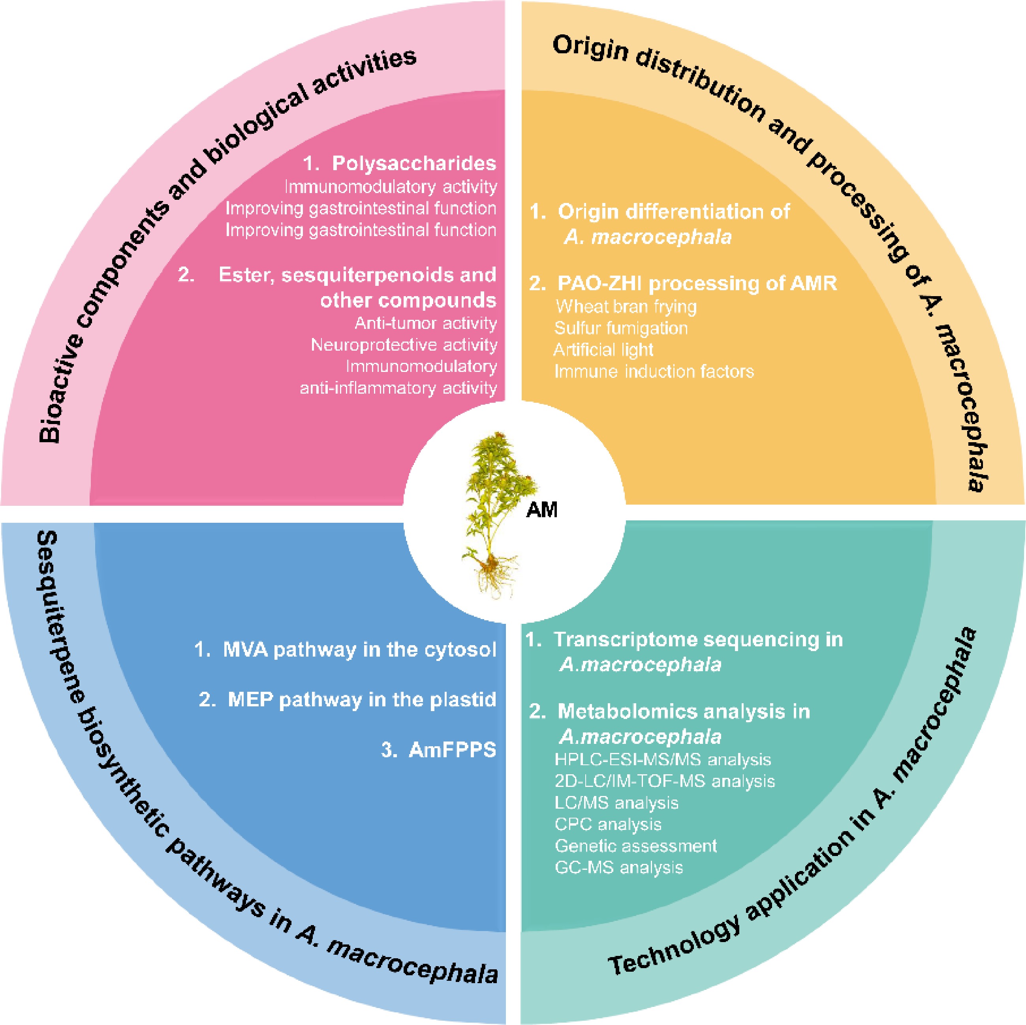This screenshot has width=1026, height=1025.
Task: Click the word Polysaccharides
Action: pyautogui.click(x=414, y=163)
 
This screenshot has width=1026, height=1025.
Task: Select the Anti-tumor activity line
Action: pyautogui.click(x=425, y=323)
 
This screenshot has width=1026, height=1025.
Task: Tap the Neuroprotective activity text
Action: pyautogui.click(x=404, y=345)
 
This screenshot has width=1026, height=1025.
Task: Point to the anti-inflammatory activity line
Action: pyautogui.click(x=398, y=388)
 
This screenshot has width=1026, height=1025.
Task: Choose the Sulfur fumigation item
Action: pyautogui.click(x=621, y=328)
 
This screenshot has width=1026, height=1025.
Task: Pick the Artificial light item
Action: pyautogui.click(x=603, y=350)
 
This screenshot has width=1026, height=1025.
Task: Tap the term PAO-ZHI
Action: pyautogui.click(x=600, y=283)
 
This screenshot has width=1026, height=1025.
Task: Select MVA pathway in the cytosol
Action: pyautogui.click(x=359, y=650)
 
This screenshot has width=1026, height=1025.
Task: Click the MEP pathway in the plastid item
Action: pyautogui.click(x=362, y=700)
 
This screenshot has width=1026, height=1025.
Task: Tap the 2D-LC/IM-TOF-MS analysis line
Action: pyautogui.click(x=664, y=781)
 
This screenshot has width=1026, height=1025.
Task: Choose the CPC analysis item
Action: pyautogui.click(x=608, y=824)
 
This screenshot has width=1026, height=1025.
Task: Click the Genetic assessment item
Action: pyautogui.click(x=636, y=846)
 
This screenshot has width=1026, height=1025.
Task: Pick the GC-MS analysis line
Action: pyautogui.click(x=619, y=867)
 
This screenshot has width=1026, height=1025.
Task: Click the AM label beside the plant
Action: pyautogui.click(x=542, y=510)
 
